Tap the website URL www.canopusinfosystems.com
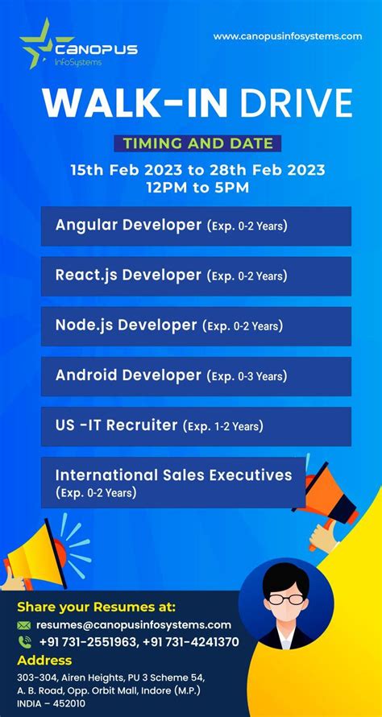pos(287,36)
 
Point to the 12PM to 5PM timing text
pos(197,187)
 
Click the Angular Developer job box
pos(196,226)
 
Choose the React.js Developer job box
pos(196,276)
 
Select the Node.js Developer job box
pos(196,326)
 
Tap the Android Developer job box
pos(196,376)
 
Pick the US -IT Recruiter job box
pos(196,426)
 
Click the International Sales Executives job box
pos(173,482)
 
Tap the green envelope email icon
pos(24,625)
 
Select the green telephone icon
pos(24,642)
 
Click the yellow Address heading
pos(44,660)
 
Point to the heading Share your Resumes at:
pos(96,607)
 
